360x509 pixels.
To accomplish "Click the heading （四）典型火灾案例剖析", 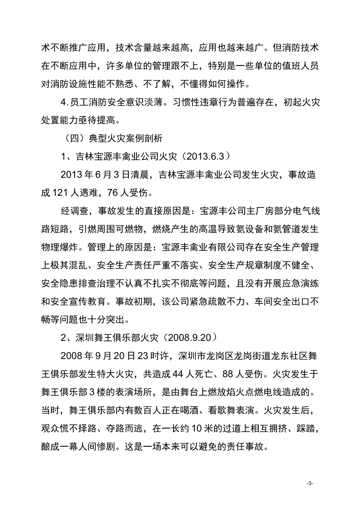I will tap(112, 138).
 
